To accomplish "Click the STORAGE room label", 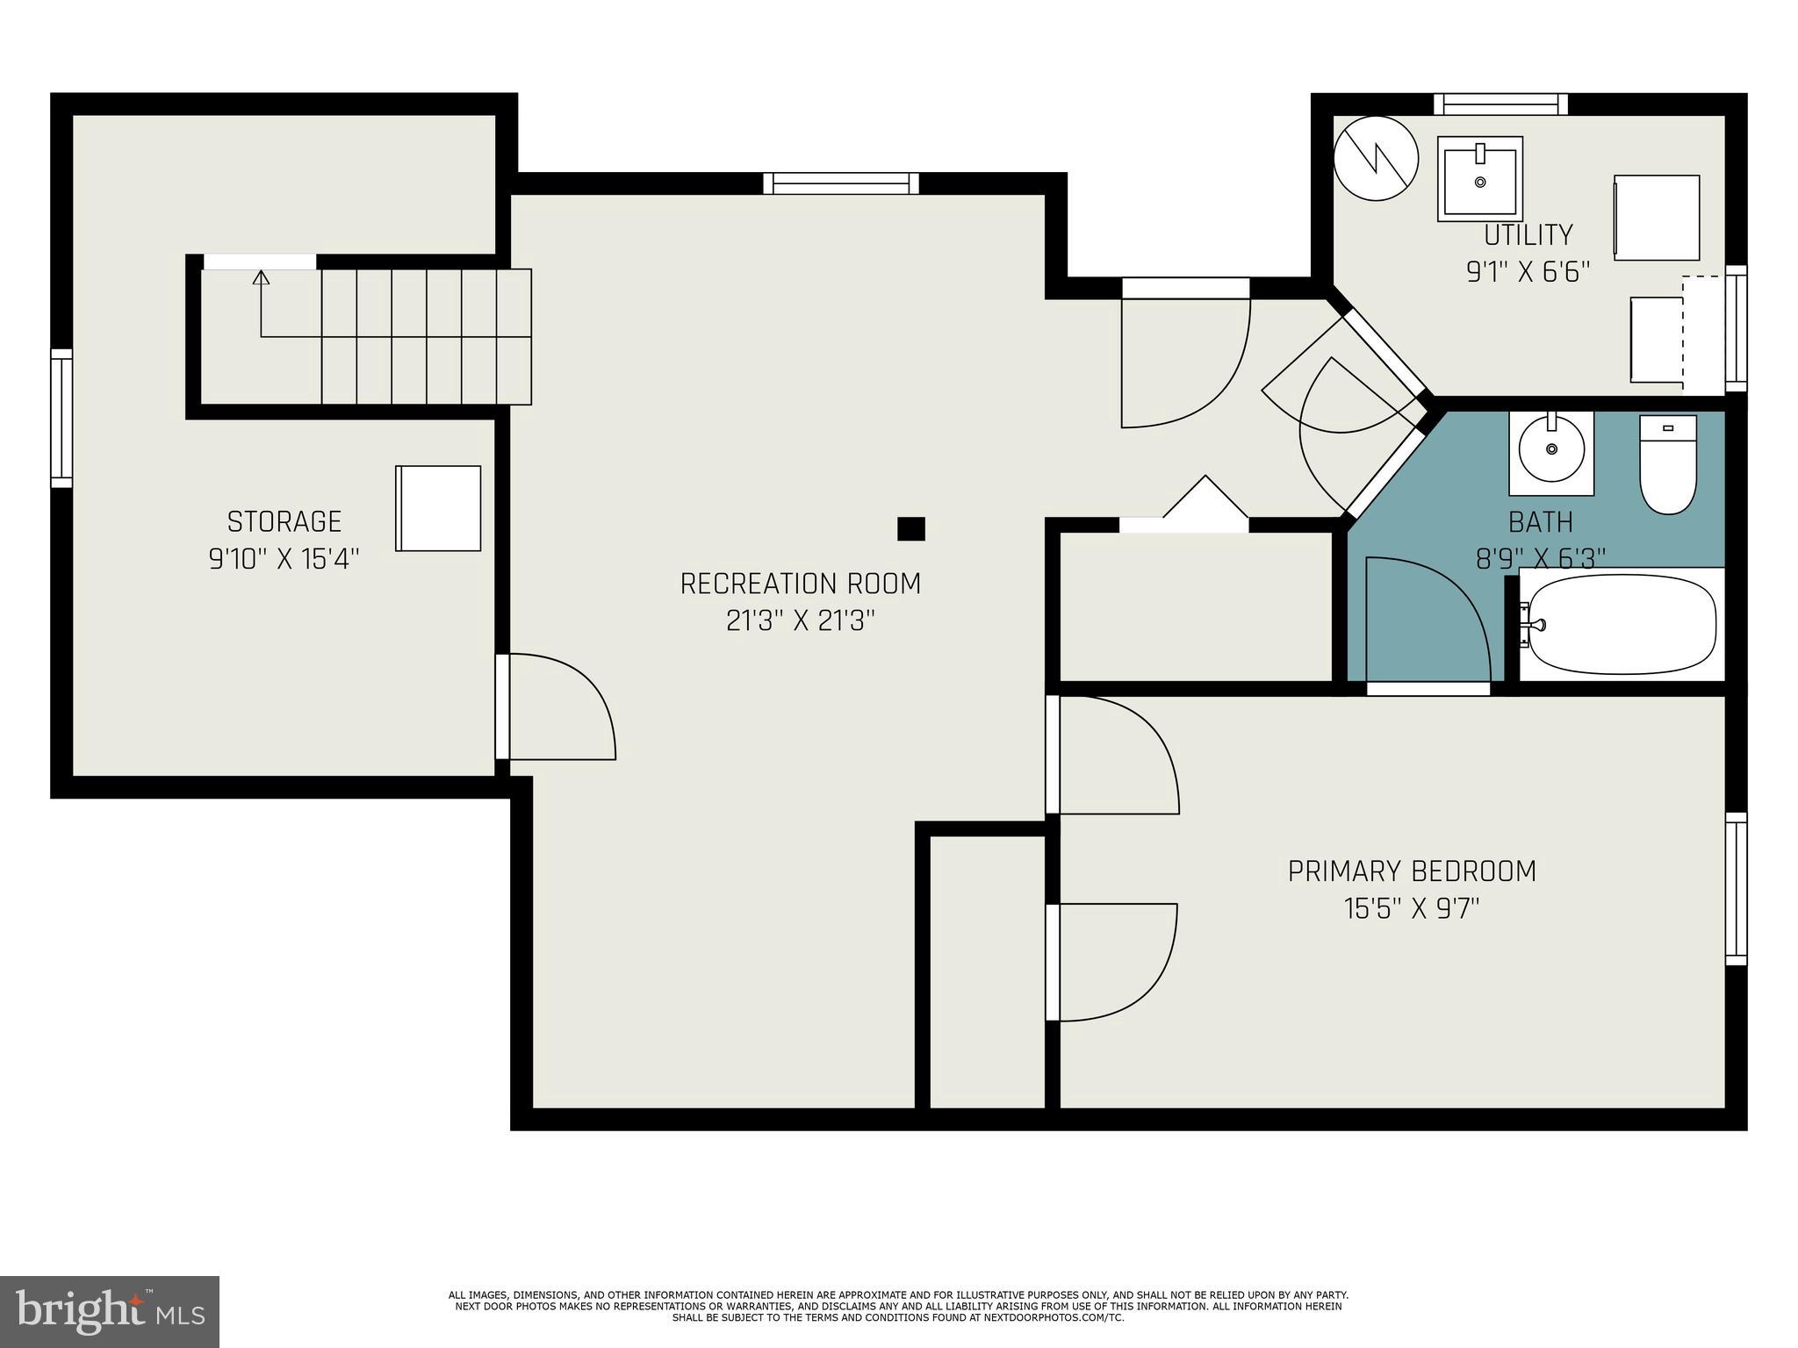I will pyautogui.click(x=284, y=521).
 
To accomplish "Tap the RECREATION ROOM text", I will pyautogui.click(x=800, y=584).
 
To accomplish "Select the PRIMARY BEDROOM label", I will pyautogui.click(x=1412, y=871).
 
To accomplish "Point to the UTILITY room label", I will pyautogui.click(x=1528, y=235).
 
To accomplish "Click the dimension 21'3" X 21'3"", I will pyautogui.click(x=800, y=621).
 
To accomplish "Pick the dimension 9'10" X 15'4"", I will pyautogui.click(x=284, y=559).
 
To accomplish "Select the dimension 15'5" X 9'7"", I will pyautogui.click(x=1412, y=908).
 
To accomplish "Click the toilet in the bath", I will pyautogui.click(x=1667, y=465).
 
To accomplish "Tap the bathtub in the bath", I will pyautogui.click(x=1621, y=624).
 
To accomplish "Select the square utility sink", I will pyautogui.click(x=1479, y=179).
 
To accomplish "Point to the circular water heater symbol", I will pyautogui.click(x=1376, y=159).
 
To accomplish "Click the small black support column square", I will pyautogui.click(x=910, y=529).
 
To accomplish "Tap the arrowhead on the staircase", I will pyautogui.click(x=261, y=278).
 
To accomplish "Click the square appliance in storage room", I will pyautogui.click(x=438, y=508).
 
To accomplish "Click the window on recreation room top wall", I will pyautogui.click(x=840, y=183).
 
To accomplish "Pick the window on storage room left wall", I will pyautogui.click(x=61, y=418).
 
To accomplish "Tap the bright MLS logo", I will pyautogui.click(x=110, y=1312).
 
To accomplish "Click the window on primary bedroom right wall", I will pyautogui.click(x=1736, y=888).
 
